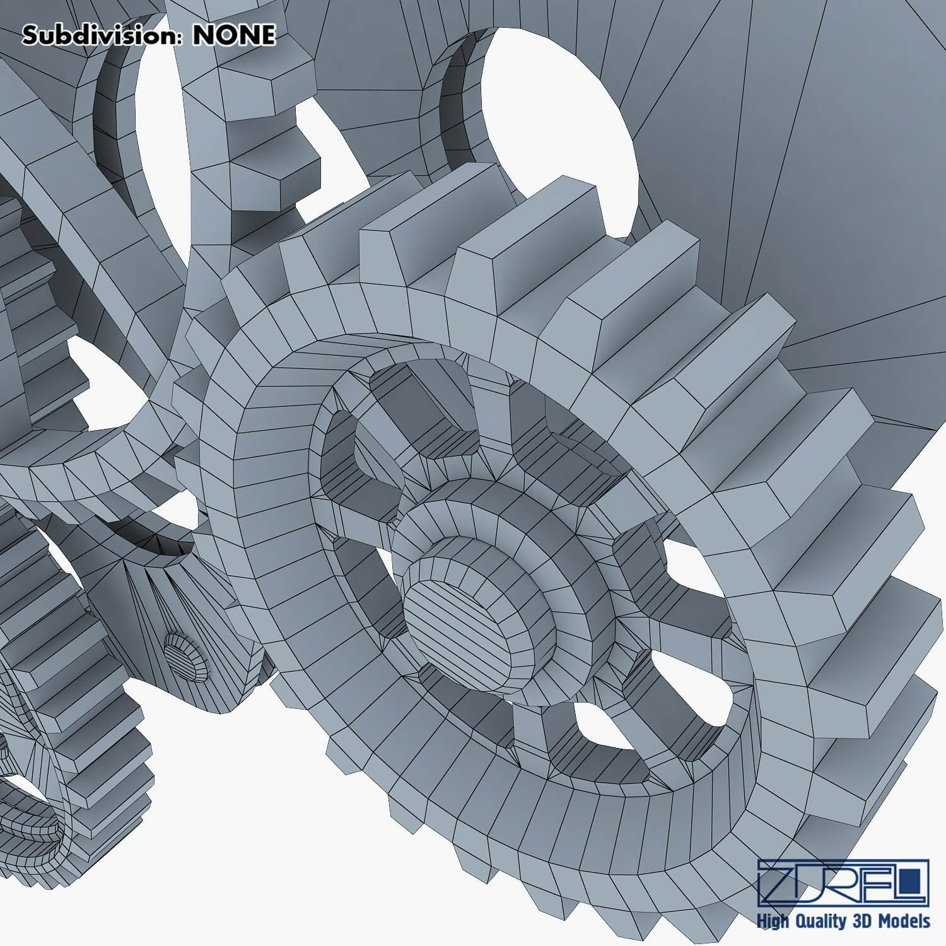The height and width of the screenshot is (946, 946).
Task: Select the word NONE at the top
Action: click(233, 36)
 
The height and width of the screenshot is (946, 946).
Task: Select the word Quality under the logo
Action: click(819, 921)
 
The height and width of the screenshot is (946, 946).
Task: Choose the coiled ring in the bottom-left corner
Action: click(32, 820)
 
